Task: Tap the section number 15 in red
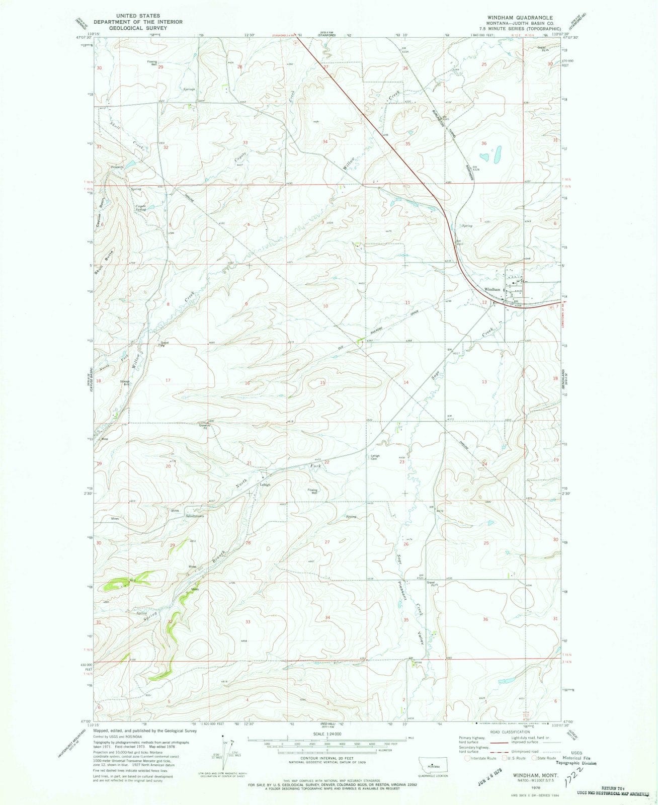[x=322, y=383]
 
